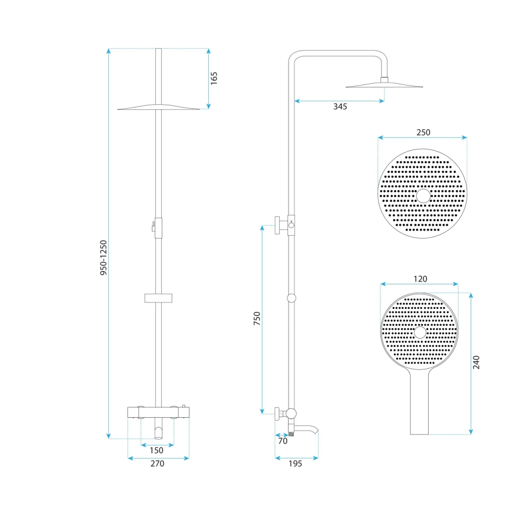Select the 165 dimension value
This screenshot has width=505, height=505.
tap(214, 78)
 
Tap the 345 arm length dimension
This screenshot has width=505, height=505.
tap(340, 106)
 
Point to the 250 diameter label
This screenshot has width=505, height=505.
tap(423, 132)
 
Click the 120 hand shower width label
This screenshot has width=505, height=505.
tap(420, 279)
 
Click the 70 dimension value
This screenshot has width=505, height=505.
tap(283, 441)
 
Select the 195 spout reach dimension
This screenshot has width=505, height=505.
tap(296, 464)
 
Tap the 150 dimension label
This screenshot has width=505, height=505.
tap(157, 450)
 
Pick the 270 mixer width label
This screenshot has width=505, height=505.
tap(157, 464)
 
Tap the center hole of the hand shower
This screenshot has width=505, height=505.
tap(419, 333)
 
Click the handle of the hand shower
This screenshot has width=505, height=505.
tap(419, 404)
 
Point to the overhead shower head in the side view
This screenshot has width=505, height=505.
tap(384, 86)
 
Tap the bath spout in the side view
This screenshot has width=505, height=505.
tap(308, 431)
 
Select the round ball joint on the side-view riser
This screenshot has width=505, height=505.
tap(291, 298)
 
